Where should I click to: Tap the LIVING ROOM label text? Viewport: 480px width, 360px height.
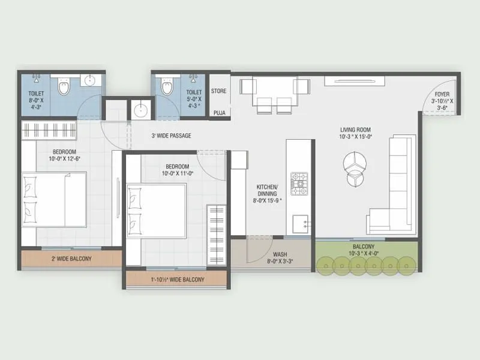(355, 130)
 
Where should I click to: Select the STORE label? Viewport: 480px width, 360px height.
(219, 92)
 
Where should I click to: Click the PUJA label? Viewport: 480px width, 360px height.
(219, 112)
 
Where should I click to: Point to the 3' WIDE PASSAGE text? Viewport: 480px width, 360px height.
(172, 136)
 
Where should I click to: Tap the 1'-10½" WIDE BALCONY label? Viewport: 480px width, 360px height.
(176, 280)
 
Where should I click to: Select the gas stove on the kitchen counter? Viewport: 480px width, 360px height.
(299, 184)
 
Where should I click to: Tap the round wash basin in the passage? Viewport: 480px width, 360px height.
(141, 109)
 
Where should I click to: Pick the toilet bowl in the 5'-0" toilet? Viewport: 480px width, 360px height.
(167, 88)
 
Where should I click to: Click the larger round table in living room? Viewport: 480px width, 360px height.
(354, 160)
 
